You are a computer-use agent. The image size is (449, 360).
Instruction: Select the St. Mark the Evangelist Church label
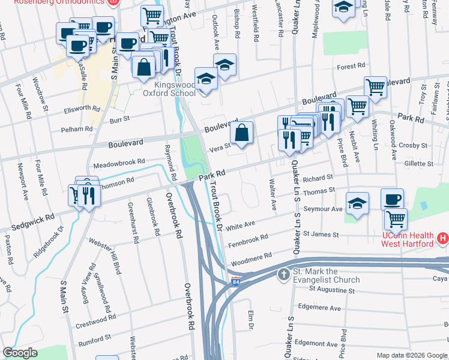coord(327,275)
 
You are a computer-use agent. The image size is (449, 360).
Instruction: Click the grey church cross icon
coord(284,275)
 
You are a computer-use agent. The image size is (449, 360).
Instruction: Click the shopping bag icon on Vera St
coord(241,133)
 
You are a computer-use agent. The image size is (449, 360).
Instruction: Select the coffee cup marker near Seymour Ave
coord(392,199)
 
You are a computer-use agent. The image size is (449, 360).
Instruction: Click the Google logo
coord(20,353)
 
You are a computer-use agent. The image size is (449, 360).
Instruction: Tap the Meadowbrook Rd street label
coord(119,162)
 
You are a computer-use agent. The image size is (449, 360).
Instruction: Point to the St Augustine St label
coord(331,290)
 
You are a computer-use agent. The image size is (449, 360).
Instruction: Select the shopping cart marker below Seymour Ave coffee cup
coord(396,219)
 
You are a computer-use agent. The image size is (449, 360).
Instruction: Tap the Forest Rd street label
coord(351,66)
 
